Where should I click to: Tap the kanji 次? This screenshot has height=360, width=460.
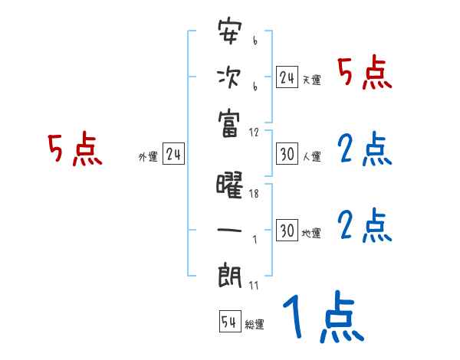(230, 77)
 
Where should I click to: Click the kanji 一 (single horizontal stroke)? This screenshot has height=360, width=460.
(230, 230)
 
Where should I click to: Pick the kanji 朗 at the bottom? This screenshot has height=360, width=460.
(230, 273)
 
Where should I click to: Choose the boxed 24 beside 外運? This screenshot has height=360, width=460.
(173, 155)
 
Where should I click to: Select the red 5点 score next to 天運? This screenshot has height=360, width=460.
(365, 74)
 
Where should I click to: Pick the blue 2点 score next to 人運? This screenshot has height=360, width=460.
(365, 151)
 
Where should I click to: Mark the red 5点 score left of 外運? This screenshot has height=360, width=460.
(75, 149)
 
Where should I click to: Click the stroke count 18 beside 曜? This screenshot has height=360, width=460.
(255, 195)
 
